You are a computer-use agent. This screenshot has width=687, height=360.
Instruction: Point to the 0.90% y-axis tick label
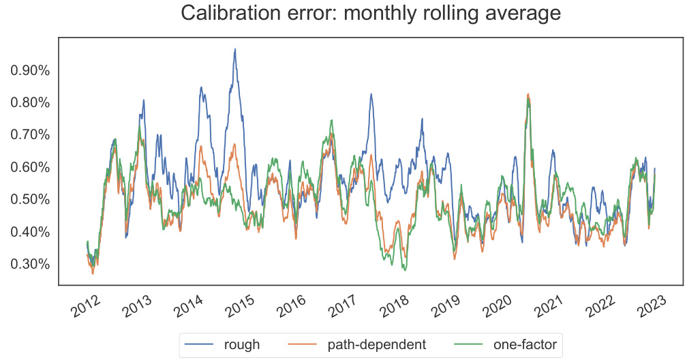pos(31,71)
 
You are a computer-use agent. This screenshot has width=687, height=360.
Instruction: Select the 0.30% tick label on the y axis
pos(31,265)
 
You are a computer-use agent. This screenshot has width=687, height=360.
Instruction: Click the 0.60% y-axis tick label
pos(31,168)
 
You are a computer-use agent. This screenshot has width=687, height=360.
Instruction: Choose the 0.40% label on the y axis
pos(31,232)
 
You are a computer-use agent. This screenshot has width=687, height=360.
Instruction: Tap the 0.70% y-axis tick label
pos(31,135)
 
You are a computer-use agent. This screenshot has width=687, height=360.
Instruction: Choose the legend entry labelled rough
pos(242,344)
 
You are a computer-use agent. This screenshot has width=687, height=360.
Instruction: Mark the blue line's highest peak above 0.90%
pos(235,49)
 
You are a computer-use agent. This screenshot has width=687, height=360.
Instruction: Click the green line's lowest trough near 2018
pos(406,270)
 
